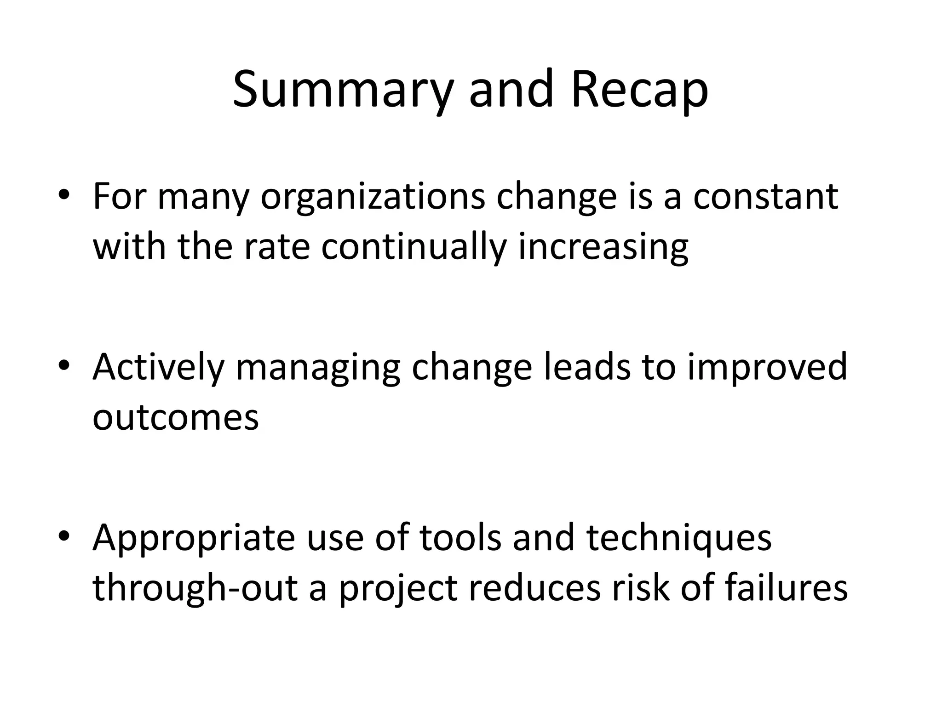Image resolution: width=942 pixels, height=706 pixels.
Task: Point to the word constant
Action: click(765, 197)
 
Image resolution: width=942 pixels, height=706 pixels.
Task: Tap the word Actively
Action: click(158, 368)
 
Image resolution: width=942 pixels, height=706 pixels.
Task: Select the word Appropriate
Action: click(194, 539)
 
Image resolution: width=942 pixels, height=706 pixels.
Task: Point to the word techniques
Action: click(679, 539)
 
